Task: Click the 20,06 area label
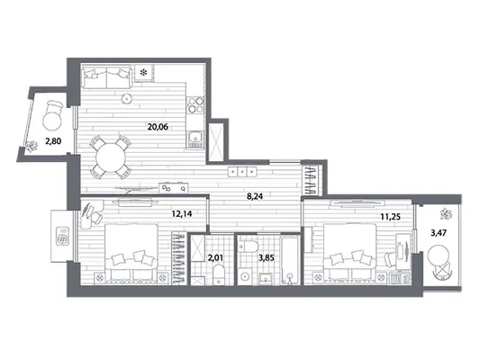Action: click(158, 127)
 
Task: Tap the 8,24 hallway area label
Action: click(255, 196)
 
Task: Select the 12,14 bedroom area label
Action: click(182, 213)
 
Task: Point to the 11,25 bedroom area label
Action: click(390, 217)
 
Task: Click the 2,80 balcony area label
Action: click(53, 141)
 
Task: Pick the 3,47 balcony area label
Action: click(439, 233)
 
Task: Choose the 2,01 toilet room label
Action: click(216, 257)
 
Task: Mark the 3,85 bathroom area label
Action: click(267, 257)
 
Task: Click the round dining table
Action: click(111, 157)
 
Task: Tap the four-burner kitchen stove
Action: click(195, 104)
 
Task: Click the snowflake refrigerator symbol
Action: click(143, 73)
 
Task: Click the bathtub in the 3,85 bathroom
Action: click(290, 260)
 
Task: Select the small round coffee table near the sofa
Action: click(126, 98)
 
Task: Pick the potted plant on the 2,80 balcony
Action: click(32, 146)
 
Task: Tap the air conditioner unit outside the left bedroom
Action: click(63, 236)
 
